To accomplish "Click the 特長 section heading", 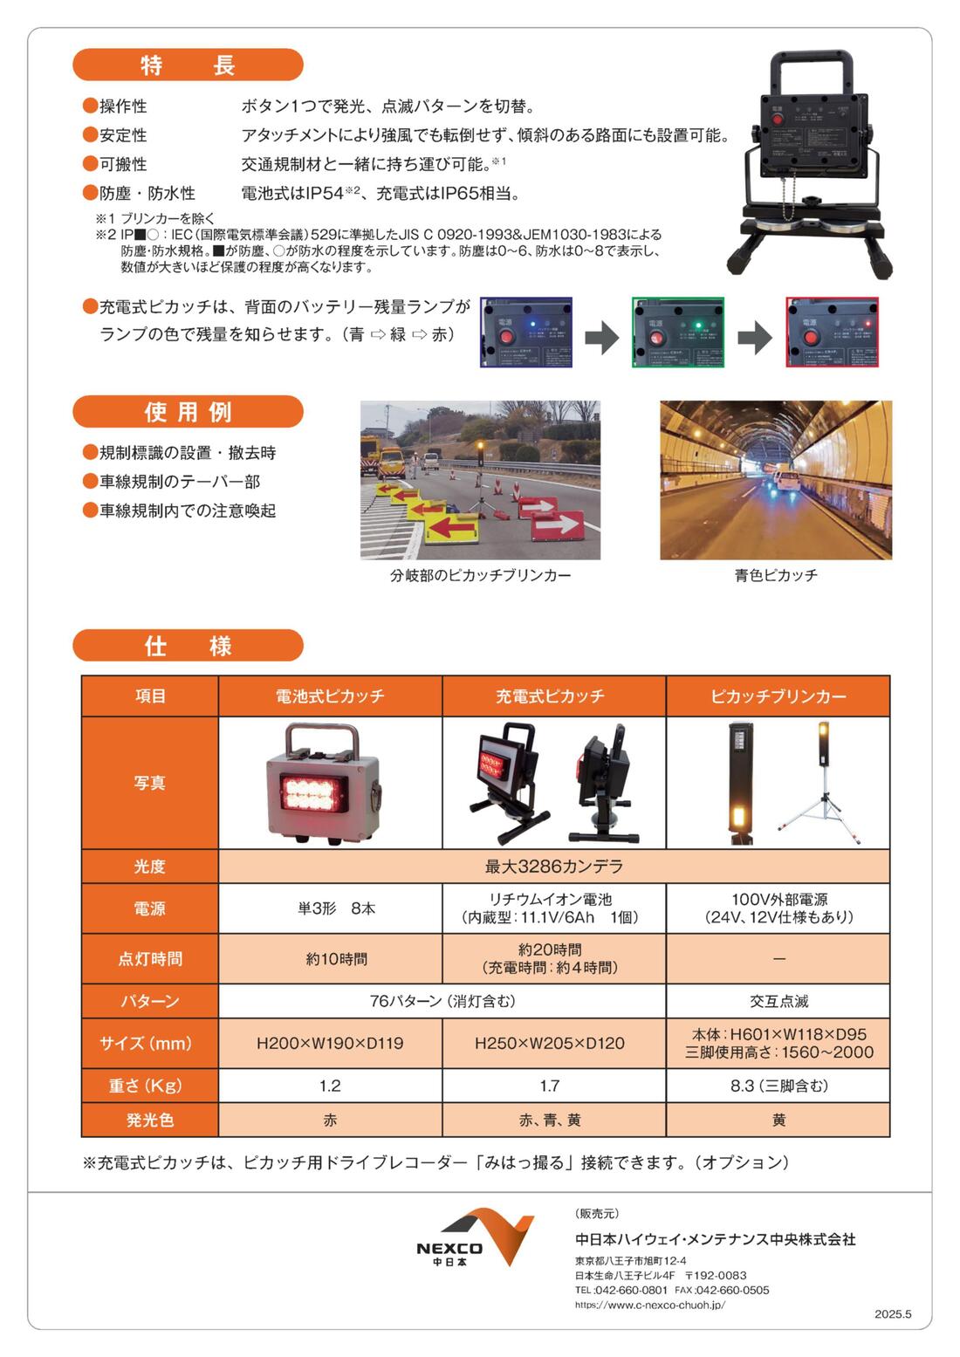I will (x=188, y=65).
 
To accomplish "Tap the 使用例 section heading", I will (x=188, y=412).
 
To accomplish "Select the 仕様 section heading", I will (x=188, y=646).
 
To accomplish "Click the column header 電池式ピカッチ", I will (x=330, y=696).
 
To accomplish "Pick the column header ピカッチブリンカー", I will (x=778, y=696).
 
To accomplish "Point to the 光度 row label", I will (x=149, y=867).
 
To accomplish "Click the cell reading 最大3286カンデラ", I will (x=553, y=867).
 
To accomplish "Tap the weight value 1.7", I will (x=550, y=1086).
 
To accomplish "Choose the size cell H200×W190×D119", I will (x=330, y=1043).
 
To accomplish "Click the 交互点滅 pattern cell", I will (x=778, y=1001).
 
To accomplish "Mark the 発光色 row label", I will (x=149, y=1120).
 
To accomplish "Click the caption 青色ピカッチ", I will (x=776, y=575).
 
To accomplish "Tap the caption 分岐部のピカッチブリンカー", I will (x=480, y=575).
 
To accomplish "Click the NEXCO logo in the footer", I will (x=475, y=1237).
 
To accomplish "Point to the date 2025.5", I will (x=893, y=1314).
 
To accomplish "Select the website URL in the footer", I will (x=649, y=1306).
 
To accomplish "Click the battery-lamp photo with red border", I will (x=832, y=332).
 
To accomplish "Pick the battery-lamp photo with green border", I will (x=678, y=332).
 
